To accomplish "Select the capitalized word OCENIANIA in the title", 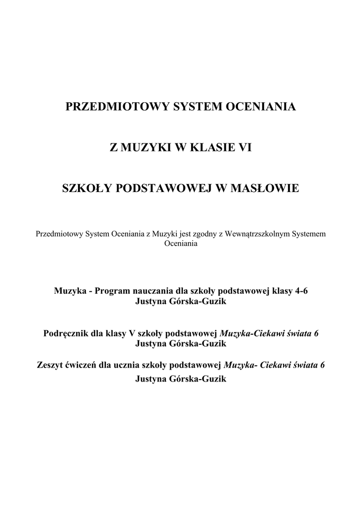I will coord(261,107).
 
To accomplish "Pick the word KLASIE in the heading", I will coord(211,147).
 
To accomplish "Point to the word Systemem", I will coord(309,234).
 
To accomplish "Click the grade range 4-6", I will coord(301,291).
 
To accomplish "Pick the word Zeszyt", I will coord(48,366).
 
